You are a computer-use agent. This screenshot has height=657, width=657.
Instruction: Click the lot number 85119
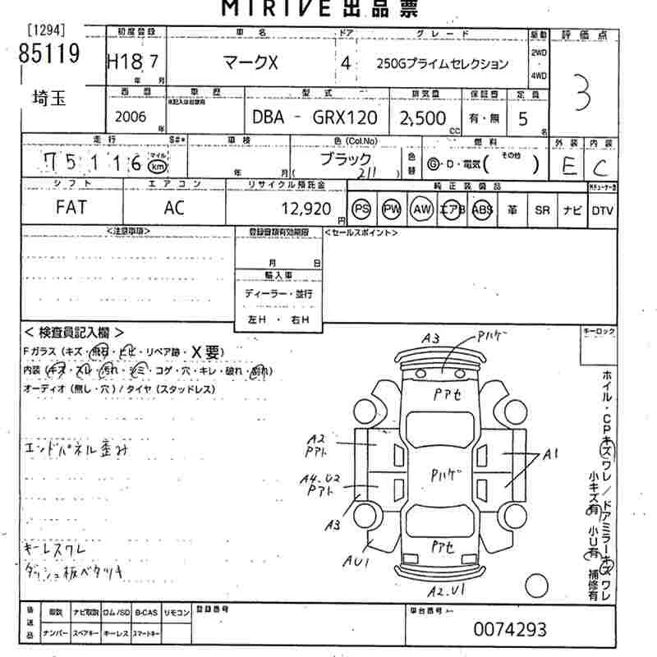[x=48, y=54]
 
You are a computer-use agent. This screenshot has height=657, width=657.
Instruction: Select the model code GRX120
[x=344, y=118]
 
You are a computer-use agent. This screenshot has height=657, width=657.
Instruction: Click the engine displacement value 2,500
[x=421, y=118]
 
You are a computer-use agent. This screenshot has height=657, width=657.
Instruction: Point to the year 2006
[x=131, y=117]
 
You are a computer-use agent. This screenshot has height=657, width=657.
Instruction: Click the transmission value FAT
[x=71, y=208]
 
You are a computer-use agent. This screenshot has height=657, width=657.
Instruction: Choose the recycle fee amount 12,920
[x=306, y=208]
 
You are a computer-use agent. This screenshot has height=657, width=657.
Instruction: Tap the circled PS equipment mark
[x=361, y=209]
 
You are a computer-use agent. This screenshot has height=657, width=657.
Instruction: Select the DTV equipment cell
[x=602, y=209]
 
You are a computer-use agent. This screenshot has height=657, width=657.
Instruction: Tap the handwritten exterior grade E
[x=567, y=167]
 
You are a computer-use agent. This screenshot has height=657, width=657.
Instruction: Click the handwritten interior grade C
[x=601, y=168]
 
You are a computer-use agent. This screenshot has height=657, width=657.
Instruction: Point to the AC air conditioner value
[x=174, y=208]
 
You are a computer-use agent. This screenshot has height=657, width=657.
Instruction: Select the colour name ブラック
[x=346, y=158]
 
